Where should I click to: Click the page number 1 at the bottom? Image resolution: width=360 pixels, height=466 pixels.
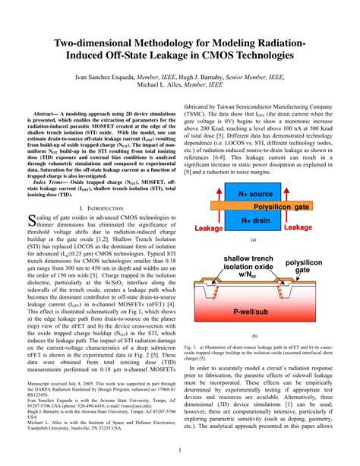pyautogui.click(x=179, y=449)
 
